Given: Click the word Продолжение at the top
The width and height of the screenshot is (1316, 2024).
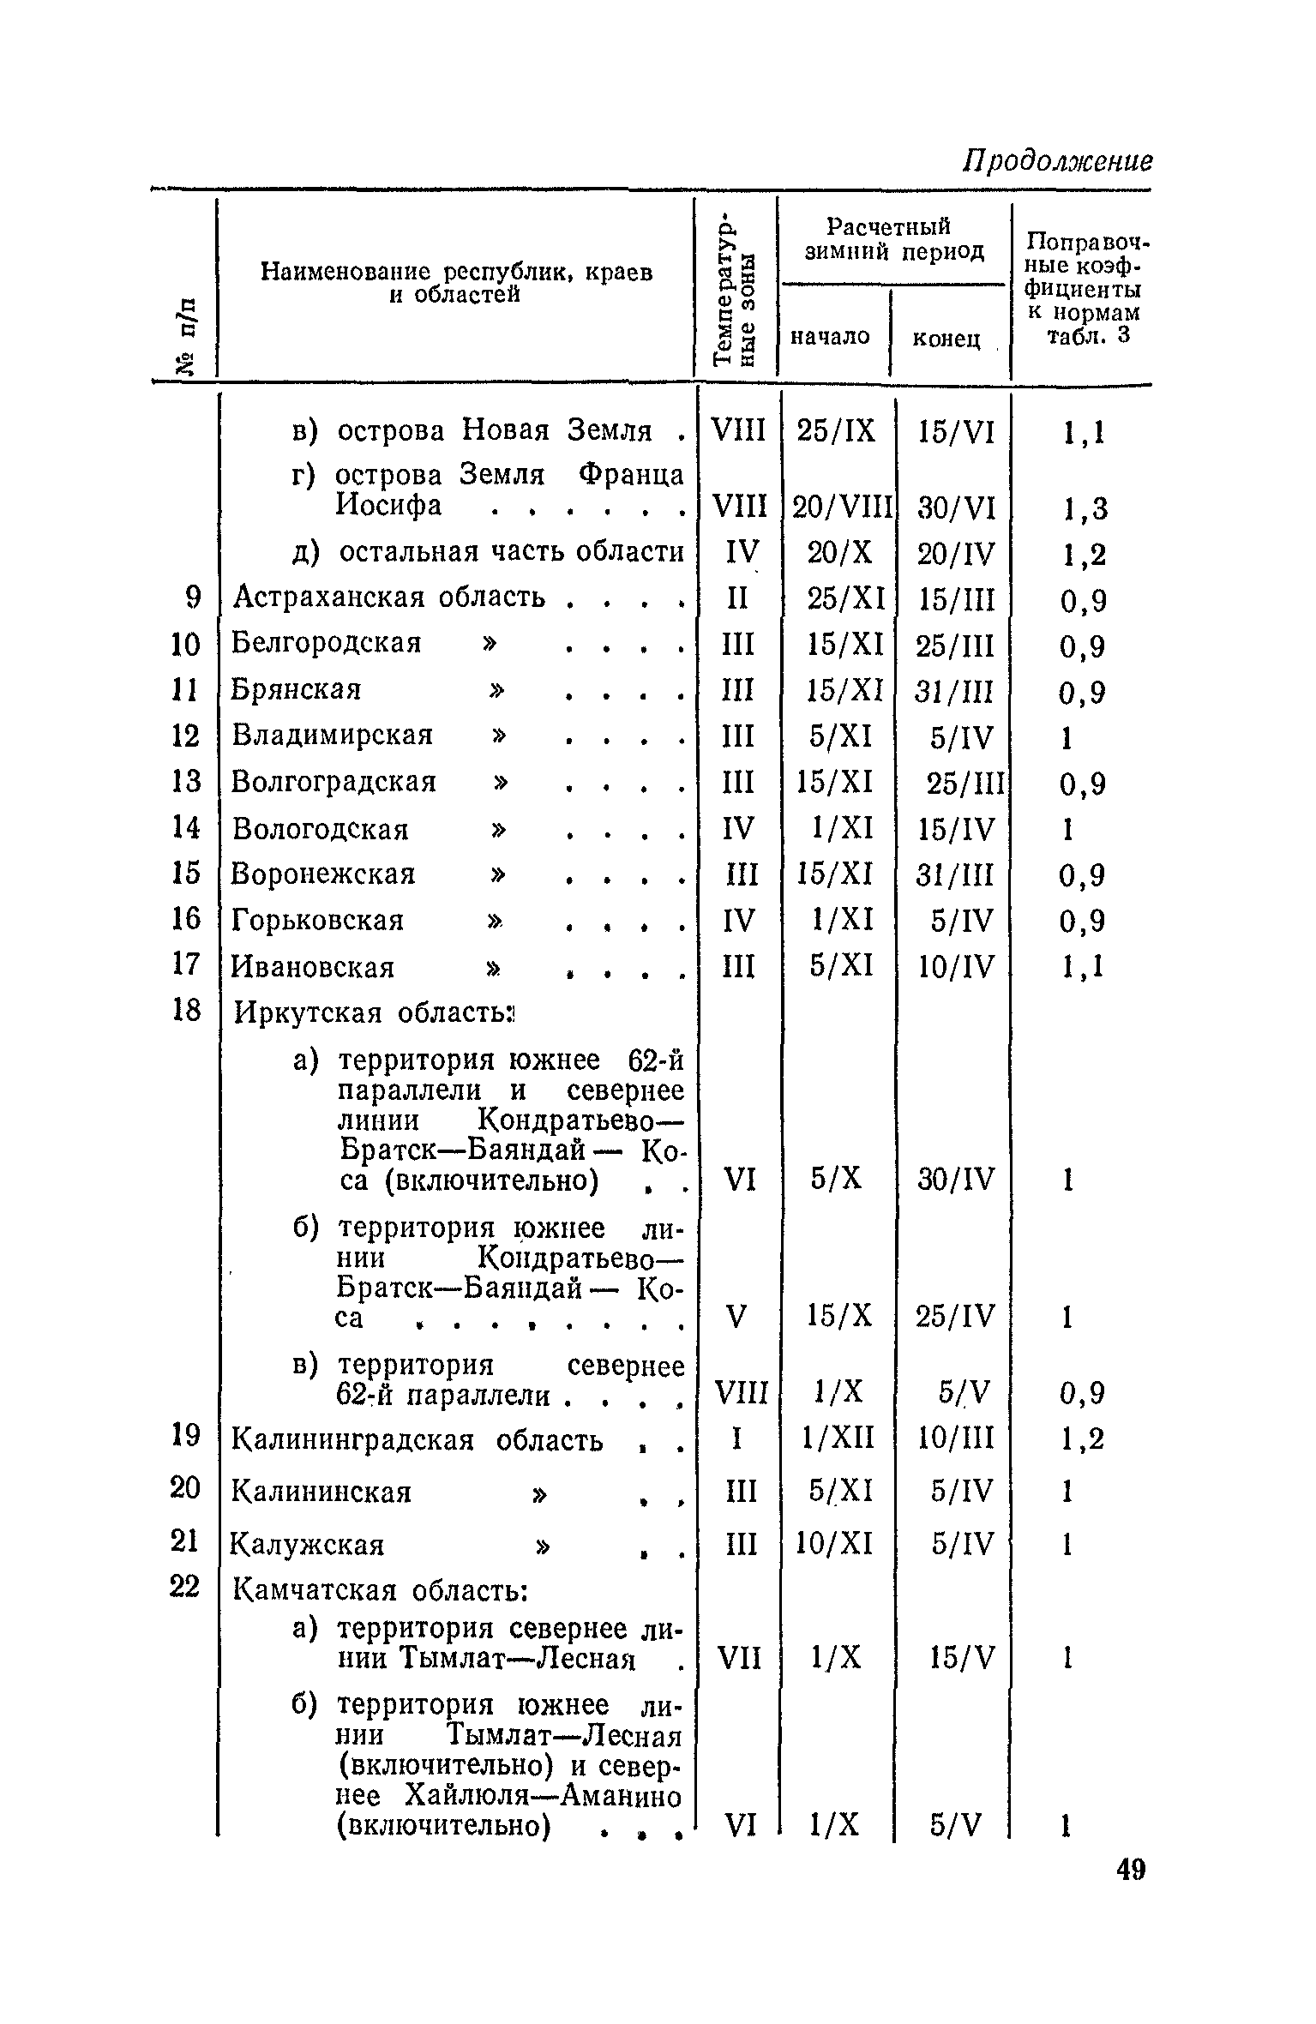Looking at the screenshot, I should [x=1058, y=161].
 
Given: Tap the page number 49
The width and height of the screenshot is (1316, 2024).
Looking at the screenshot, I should [x=1131, y=1893].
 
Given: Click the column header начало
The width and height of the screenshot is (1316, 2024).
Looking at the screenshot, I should [x=830, y=337].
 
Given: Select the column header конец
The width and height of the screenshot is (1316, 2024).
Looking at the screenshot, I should [x=946, y=339].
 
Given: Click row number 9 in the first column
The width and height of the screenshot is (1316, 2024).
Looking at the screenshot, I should [x=192, y=598].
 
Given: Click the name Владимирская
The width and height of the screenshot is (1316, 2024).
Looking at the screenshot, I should [x=333, y=736].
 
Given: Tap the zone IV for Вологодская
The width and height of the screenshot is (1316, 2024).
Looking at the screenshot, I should [x=738, y=829].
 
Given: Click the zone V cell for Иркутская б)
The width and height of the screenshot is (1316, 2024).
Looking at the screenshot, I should [x=736, y=1316].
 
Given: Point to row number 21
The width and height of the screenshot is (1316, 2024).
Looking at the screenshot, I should [x=185, y=1541].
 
